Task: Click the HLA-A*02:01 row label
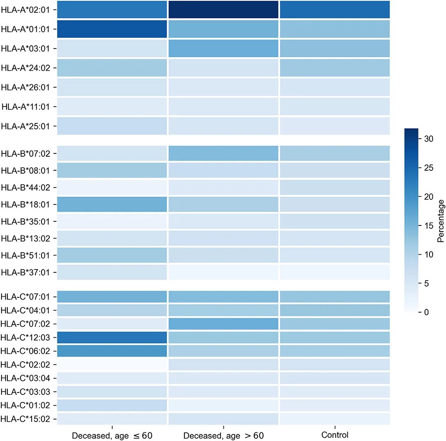26,10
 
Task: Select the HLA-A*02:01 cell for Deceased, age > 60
223,10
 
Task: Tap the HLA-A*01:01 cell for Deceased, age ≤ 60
112,29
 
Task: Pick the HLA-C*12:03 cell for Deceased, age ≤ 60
112,337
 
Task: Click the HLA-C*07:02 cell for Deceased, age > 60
223,323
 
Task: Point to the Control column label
335,435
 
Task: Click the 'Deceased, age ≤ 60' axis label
112,436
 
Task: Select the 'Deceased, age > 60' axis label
223,436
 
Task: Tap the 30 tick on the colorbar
429,139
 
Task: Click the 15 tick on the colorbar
429,225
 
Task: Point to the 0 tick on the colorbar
427,312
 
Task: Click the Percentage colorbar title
441,220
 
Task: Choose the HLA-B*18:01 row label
26,204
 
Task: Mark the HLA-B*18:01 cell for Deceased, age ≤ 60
112,204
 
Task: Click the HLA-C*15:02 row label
26,419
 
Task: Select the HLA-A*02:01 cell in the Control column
335,10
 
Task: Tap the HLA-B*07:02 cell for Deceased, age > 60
223,153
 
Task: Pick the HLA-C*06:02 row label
26,351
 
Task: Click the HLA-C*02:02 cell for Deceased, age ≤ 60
112,364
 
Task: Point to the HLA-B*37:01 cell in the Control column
335,272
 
